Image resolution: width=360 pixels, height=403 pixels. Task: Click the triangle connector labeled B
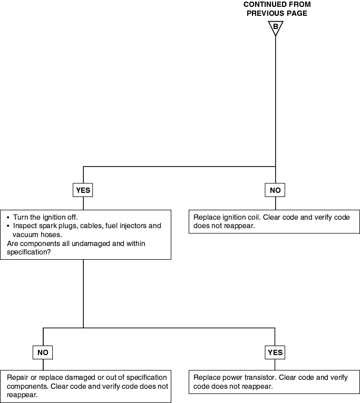275,27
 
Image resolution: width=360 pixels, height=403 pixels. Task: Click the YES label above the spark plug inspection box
83,190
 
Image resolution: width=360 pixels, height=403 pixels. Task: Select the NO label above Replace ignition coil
275,190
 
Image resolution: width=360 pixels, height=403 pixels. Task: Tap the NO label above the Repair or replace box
43,352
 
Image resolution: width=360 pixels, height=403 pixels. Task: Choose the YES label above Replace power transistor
275,352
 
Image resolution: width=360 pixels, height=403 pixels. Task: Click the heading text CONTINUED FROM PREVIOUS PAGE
277,9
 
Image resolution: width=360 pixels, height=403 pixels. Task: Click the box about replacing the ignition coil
274,222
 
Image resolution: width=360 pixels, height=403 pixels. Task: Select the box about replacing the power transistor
274,382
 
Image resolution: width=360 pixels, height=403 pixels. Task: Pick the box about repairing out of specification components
85,386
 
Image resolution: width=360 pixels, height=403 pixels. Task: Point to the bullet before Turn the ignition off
8,218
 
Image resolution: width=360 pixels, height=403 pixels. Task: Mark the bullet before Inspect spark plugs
8,226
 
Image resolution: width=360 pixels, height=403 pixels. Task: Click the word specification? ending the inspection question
29,252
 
